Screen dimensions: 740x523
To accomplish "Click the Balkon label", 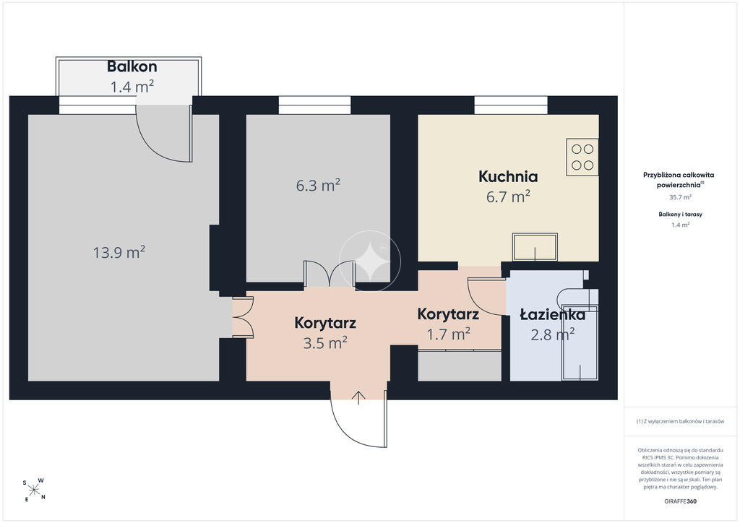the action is coord(132,66).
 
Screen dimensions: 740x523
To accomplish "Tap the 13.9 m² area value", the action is coord(119,252).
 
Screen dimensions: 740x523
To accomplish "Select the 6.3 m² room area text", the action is coord(318,186).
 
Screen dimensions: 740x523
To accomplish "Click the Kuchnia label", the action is coord(508,176).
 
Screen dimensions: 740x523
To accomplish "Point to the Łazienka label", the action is coord(552,314).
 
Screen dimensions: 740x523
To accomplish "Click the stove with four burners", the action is coord(582,157).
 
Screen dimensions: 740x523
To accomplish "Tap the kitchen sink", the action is coord(535,246).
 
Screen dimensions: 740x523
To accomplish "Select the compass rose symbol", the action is coord(33,490).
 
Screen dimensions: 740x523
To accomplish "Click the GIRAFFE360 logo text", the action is coord(680,501).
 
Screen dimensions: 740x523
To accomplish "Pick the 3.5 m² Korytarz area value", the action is coord(325,343).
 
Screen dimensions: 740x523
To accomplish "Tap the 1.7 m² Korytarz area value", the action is coord(448,334).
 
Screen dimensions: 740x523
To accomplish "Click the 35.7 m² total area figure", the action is coord(680,197).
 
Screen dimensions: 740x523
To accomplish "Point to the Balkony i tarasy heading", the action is coord(680,214).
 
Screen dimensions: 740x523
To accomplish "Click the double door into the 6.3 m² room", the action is coord(330,275).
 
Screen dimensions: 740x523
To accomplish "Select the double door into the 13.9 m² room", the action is coord(243,317).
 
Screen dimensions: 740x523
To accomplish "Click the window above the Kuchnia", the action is coord(511,105).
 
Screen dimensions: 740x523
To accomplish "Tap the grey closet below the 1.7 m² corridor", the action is coord(459,366).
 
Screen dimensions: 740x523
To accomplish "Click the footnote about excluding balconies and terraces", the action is coord(680,421).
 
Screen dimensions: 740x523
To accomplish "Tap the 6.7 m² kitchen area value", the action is coord(508,196).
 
